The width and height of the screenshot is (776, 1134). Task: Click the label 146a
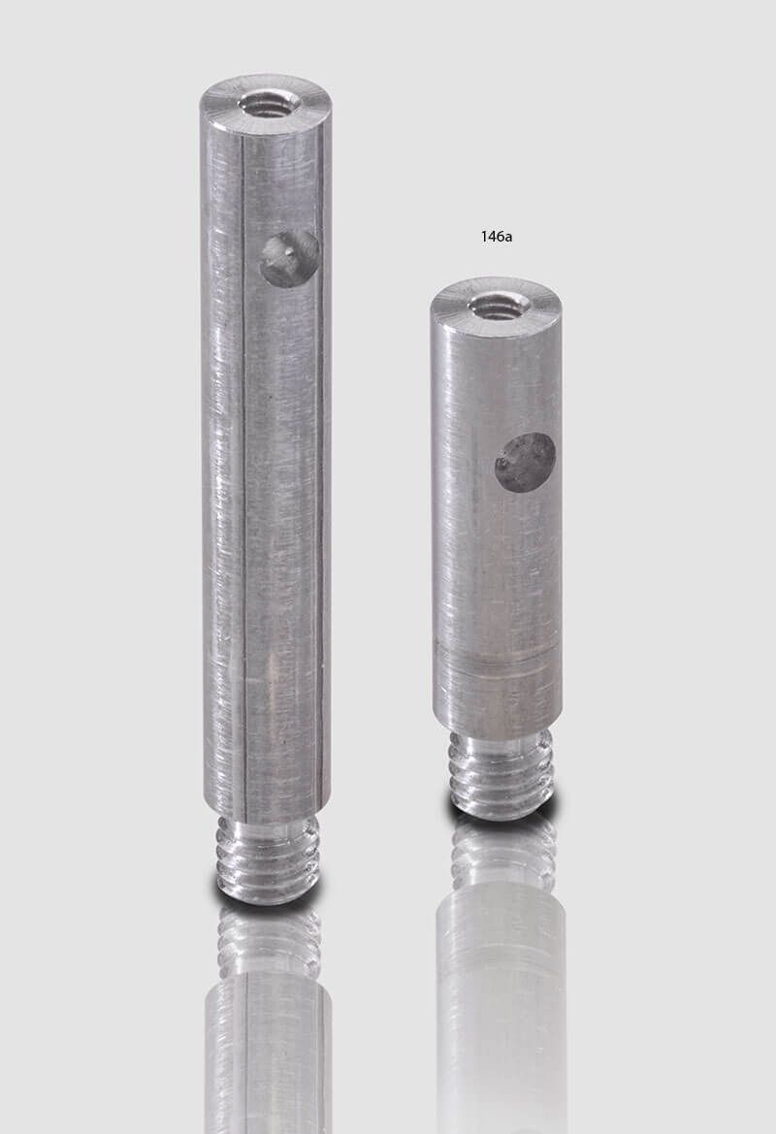click(496, 236)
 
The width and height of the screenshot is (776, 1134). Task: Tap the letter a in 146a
click(507, 237)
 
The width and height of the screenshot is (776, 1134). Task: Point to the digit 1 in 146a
click(484, 236)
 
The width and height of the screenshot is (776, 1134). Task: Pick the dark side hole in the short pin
click(525, 462)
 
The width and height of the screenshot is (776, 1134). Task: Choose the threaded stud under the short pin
click(501, 773)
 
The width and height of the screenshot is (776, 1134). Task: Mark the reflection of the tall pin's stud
click(269, 941)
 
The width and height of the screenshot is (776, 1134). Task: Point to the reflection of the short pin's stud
click(502, 854)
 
